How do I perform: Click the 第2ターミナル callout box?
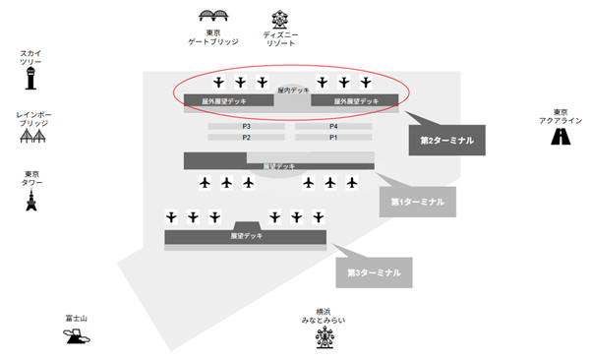(x=446, y=141)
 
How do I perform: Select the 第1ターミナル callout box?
(x=418, y=202)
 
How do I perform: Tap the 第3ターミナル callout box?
(x=374, y=272)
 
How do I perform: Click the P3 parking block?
(x=246, y=127)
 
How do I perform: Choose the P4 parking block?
(x=333, y=127)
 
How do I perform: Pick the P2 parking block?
(x=246, y=138)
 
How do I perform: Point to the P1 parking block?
(x=333, y=138)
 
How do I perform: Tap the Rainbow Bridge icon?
(x=30, y=138)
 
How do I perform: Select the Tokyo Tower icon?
(x=30, y=202)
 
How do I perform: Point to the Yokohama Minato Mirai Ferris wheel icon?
(x=324, y=337)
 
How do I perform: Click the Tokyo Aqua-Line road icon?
(x=560, y=137)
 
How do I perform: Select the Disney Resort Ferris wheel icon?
(x=280, y=19)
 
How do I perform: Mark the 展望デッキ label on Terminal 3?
(x=246, y=236)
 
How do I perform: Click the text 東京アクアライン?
(x=560, y=116)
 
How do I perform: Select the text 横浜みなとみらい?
(x=324, y=316)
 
